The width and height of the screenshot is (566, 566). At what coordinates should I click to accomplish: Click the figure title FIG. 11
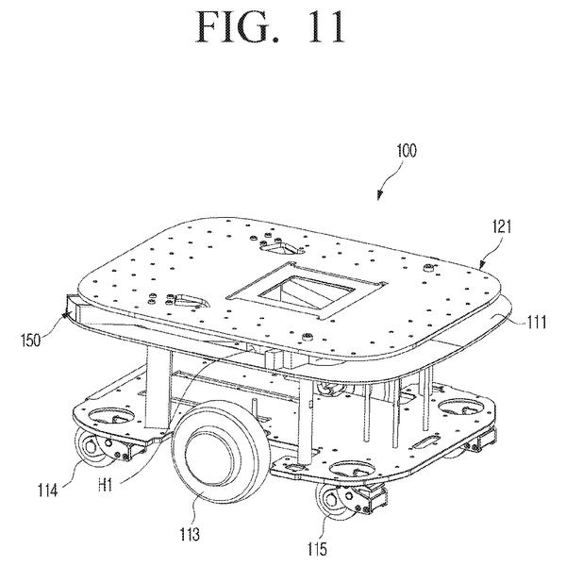270,27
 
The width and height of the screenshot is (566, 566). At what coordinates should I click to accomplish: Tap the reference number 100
407,151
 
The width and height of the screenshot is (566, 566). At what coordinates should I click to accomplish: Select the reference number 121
502,226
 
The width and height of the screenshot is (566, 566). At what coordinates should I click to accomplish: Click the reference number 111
537,322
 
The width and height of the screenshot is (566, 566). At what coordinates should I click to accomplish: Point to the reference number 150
31,340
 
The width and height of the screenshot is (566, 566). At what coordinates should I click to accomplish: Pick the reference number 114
48,490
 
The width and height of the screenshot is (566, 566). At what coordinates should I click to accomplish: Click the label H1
106,485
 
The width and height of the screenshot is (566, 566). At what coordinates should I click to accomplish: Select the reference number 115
317,549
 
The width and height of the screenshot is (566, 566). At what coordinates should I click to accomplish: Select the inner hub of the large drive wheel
208,454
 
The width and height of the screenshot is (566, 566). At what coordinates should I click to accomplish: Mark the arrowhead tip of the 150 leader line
64,316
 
